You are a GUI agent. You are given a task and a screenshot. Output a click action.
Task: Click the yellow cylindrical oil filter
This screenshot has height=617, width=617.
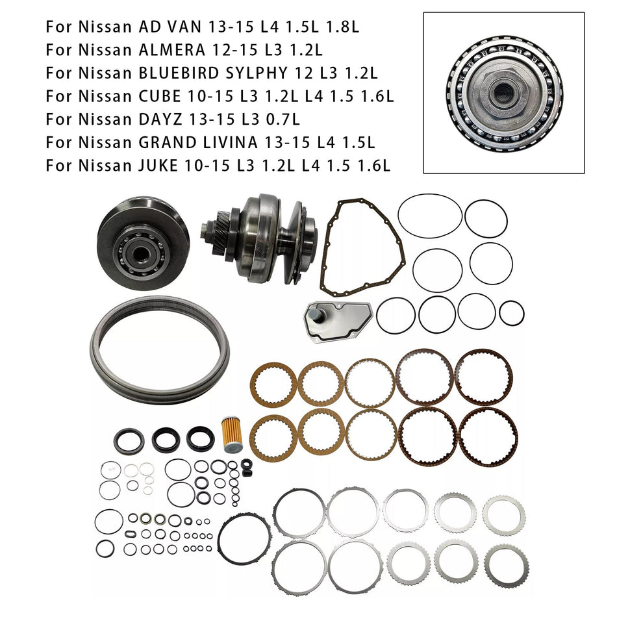click(232, 435)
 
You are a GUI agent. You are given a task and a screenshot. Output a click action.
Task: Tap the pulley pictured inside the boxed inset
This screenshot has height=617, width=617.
click(504, 93)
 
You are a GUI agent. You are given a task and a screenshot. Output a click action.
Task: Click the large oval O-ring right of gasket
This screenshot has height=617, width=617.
click(430, 216)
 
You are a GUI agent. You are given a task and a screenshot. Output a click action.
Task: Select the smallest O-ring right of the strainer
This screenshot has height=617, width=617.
click(511, 312)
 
